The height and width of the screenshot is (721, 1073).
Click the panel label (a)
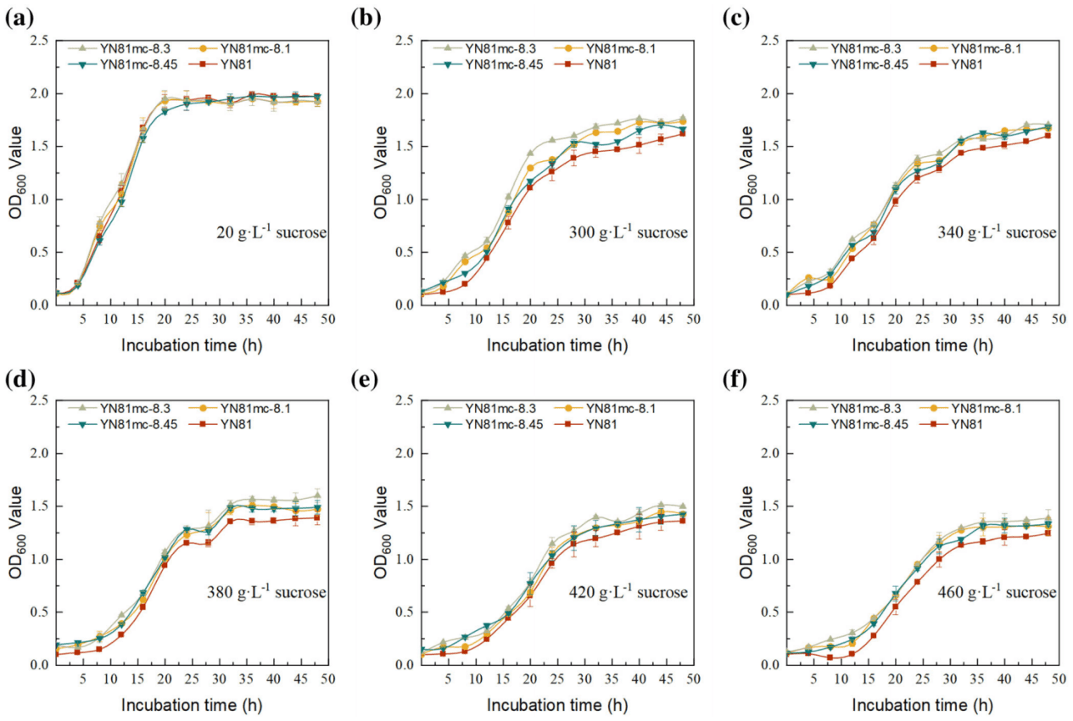(16, 18)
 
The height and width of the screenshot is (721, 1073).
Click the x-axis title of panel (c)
(922, 344)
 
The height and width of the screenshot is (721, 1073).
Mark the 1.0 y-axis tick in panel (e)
(405, 560)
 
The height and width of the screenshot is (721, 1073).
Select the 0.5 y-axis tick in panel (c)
(769, 253)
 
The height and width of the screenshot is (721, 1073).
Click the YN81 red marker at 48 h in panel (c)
(1048, 136)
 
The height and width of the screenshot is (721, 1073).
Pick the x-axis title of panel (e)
(556, 704)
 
